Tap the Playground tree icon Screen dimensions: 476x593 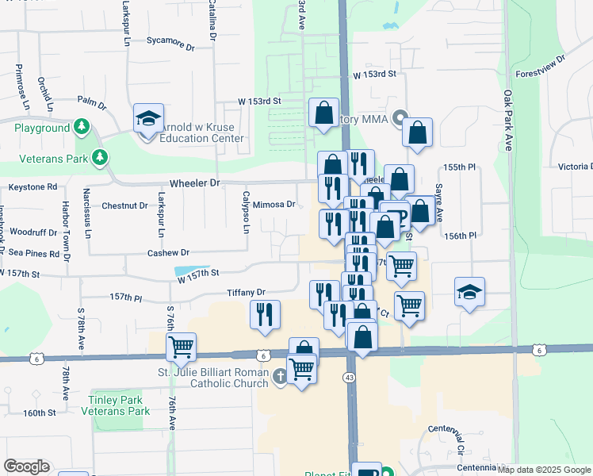81,127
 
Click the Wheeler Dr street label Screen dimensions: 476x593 194,182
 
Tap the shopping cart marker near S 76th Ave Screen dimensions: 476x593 182,346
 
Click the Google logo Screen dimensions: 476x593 27,466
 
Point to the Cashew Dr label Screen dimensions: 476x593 169,253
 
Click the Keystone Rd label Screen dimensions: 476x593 33,187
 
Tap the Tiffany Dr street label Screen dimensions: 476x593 246,292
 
